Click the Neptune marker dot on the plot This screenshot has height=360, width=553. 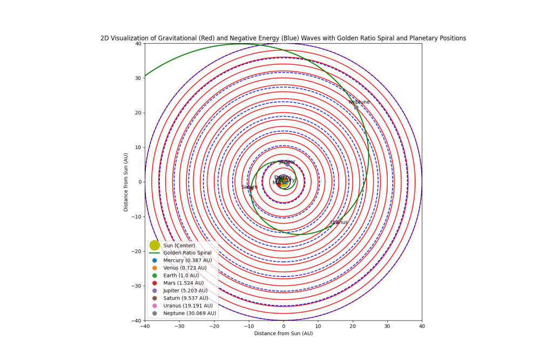(356, 107)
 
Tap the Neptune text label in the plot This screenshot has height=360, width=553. (359, 102)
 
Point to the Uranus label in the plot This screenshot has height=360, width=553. (339, 222)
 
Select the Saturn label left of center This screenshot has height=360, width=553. (249, 187)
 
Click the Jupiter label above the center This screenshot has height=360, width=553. (287, 162)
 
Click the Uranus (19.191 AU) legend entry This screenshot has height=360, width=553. (187, 305)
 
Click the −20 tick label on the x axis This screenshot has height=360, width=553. (214, 326)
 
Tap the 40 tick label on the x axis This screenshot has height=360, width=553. (422, 326)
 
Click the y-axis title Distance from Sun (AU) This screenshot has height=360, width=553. (126, 182)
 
